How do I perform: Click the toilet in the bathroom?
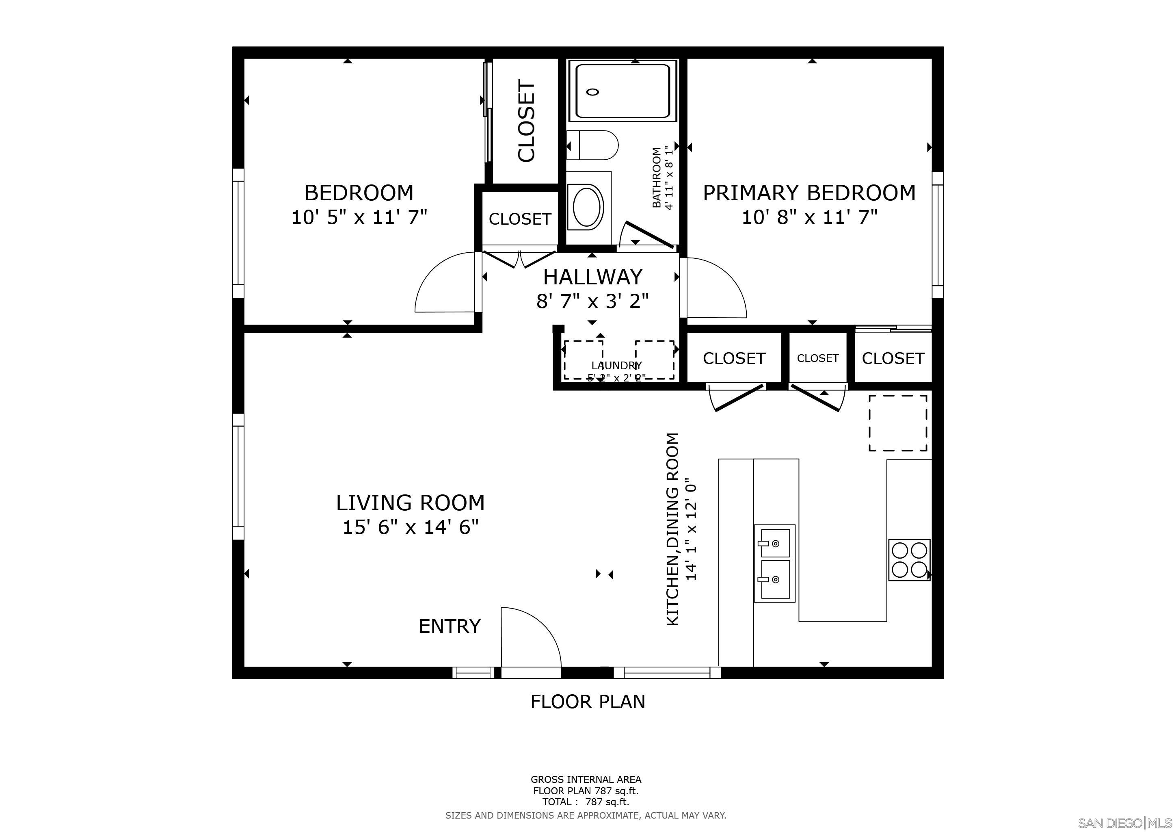(593, 145)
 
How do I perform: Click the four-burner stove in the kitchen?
(909, 559)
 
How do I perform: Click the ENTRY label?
(449, 626)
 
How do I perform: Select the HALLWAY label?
(592, 277)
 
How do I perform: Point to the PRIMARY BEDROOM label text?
(809, 193)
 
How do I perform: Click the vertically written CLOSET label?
(526, 121)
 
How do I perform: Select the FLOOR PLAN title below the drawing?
(588, 701)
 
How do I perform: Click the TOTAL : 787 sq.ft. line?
(586, 802)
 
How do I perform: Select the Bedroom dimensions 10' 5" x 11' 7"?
(359, 217)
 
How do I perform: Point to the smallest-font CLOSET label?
(817, 358)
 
